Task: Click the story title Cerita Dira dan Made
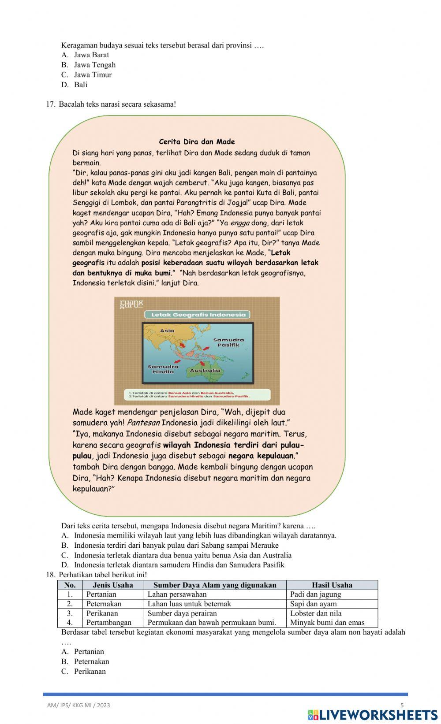[197, 141]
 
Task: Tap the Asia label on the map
[167, 330]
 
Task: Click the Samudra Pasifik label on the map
[228, 342]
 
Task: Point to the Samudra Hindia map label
[163, 369]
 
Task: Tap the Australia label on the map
[205, 371]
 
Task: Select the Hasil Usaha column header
[332, 585]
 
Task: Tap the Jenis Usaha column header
[113, 585]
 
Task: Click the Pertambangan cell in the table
[109, 623]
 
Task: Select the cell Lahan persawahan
[177, 594]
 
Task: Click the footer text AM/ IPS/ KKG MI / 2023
[78, 705]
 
